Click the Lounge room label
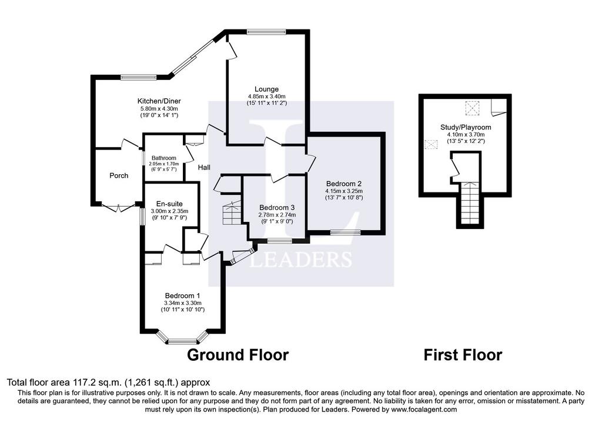click(266, 89)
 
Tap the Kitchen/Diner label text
click(159, 101)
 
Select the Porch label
click(119, 175)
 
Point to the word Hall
click(204, 167)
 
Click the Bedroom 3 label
click(277, 208)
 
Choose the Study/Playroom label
click(466, 127)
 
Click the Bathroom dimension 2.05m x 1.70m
click(164, 164)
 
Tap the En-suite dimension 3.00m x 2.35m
click(169, 211)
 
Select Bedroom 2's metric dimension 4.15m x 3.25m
click(344, 191)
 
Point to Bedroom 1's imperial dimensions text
click(182, 310)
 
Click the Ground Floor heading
click(238, 355)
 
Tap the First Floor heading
click(463, 355)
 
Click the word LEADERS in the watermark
click(301, 260)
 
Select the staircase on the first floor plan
click(470, 204)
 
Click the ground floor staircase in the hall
click(232, 212)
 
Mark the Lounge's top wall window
click(266, 32)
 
